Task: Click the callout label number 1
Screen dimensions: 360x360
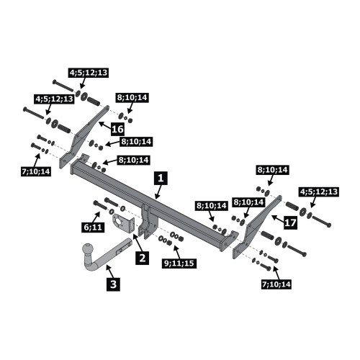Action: point(161,179)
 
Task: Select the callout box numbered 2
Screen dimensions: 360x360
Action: point(143,258)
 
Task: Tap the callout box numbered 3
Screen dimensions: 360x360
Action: point(113,284)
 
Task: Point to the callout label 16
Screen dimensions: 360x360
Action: point(117,129)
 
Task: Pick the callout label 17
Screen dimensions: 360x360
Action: point(290,222)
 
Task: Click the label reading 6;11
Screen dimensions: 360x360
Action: point(93,227)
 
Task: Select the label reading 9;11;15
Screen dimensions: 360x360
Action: point(179,264)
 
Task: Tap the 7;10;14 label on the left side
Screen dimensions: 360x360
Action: point(36,171)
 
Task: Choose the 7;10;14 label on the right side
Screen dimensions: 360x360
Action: point(276,284)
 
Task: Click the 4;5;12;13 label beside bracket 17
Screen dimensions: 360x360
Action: point(319,192)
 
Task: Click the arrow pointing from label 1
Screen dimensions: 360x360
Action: point(158,192)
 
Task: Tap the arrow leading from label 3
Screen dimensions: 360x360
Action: point(109,271)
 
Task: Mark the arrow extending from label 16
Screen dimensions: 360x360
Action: point(105,125)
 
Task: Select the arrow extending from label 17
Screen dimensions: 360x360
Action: point(278,218)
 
